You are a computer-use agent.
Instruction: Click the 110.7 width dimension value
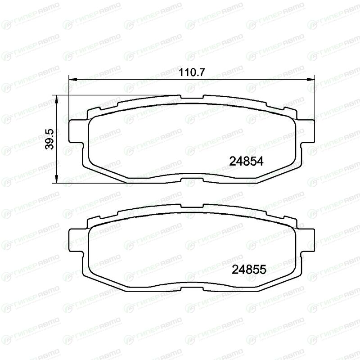coord(191,72)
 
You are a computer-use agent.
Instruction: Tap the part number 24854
coord(246,162)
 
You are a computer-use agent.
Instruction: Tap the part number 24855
coord(249,270)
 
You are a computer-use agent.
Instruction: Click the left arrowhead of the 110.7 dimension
coord(73,80)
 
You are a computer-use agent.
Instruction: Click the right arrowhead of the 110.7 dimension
coord(311,80)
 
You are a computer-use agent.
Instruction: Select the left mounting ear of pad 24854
coord(76,131)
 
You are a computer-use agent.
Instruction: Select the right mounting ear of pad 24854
coord(307,131)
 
